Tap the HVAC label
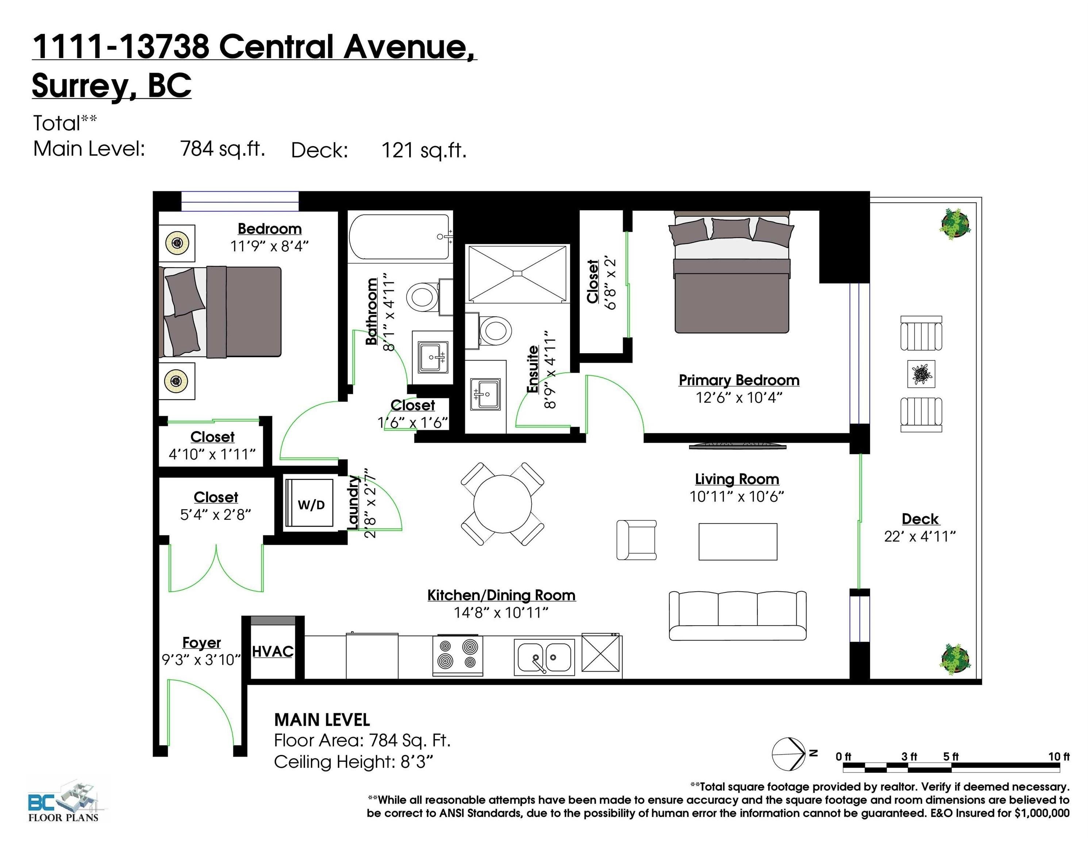(x=273, y=651)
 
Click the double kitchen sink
(x=544, y=657)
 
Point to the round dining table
(x=502, y=504)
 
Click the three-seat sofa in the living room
(x=737, y=615)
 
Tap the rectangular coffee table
(x=738, y=542)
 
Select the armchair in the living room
(x=637, y=539)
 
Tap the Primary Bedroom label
(x=739, y=380)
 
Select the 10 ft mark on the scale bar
(x=1058, y=757)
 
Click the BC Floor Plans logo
(x=63, y=801)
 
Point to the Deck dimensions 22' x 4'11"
(x=920, y=537)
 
